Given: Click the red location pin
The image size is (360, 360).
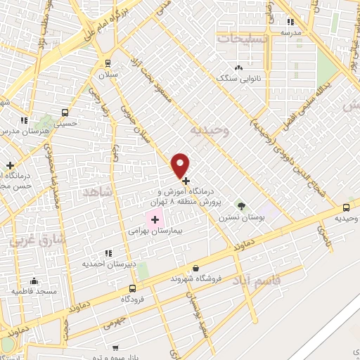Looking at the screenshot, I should tap(181, 165).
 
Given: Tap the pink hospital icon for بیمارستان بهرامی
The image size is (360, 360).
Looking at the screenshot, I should tap(155, 220).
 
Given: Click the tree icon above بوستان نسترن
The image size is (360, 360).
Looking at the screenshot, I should tap(242, 206).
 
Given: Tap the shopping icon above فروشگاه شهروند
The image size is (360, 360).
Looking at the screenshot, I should tap(195, 267).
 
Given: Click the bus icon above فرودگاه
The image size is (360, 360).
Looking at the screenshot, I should tap(133, 288).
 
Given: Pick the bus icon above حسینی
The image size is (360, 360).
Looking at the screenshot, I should tap(65, 112).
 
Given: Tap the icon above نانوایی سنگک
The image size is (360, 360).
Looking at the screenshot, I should tap(239, 67).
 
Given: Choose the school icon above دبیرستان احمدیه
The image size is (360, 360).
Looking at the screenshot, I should tap(107, 253).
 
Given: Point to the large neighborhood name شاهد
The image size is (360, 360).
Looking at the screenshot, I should tap(97, 192).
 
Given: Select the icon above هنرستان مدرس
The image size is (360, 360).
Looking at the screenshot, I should tap(25, 121).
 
